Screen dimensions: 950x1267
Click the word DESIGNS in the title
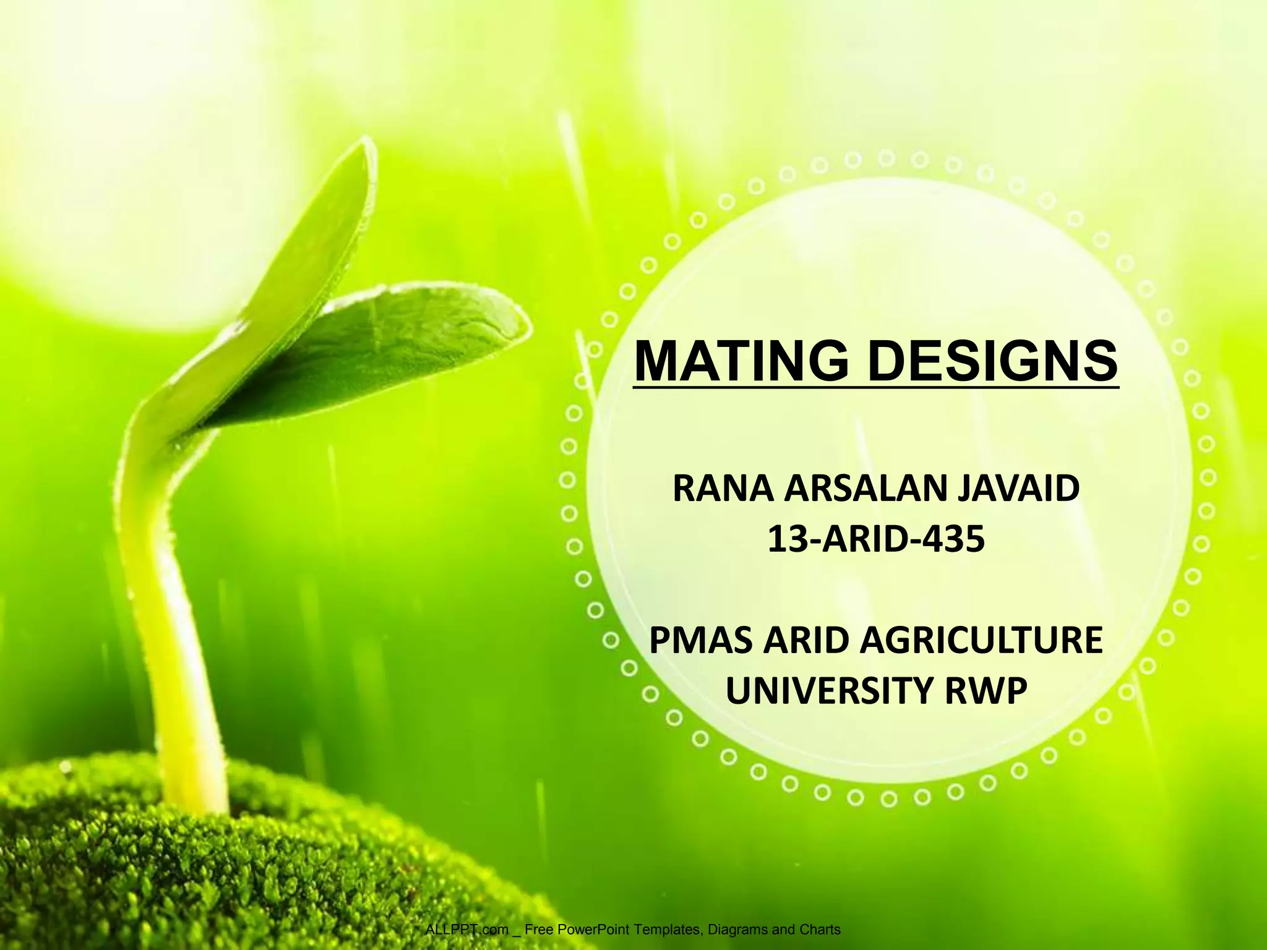tap(992, 362)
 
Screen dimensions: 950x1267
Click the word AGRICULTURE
tap(981, 640)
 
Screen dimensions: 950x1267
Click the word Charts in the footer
tap(820, 930)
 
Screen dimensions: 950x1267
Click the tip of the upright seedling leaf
tap(366, 148)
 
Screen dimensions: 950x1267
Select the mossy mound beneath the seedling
tap(247, 866)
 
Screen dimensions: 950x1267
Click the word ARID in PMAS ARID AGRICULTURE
tap(805, 640)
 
